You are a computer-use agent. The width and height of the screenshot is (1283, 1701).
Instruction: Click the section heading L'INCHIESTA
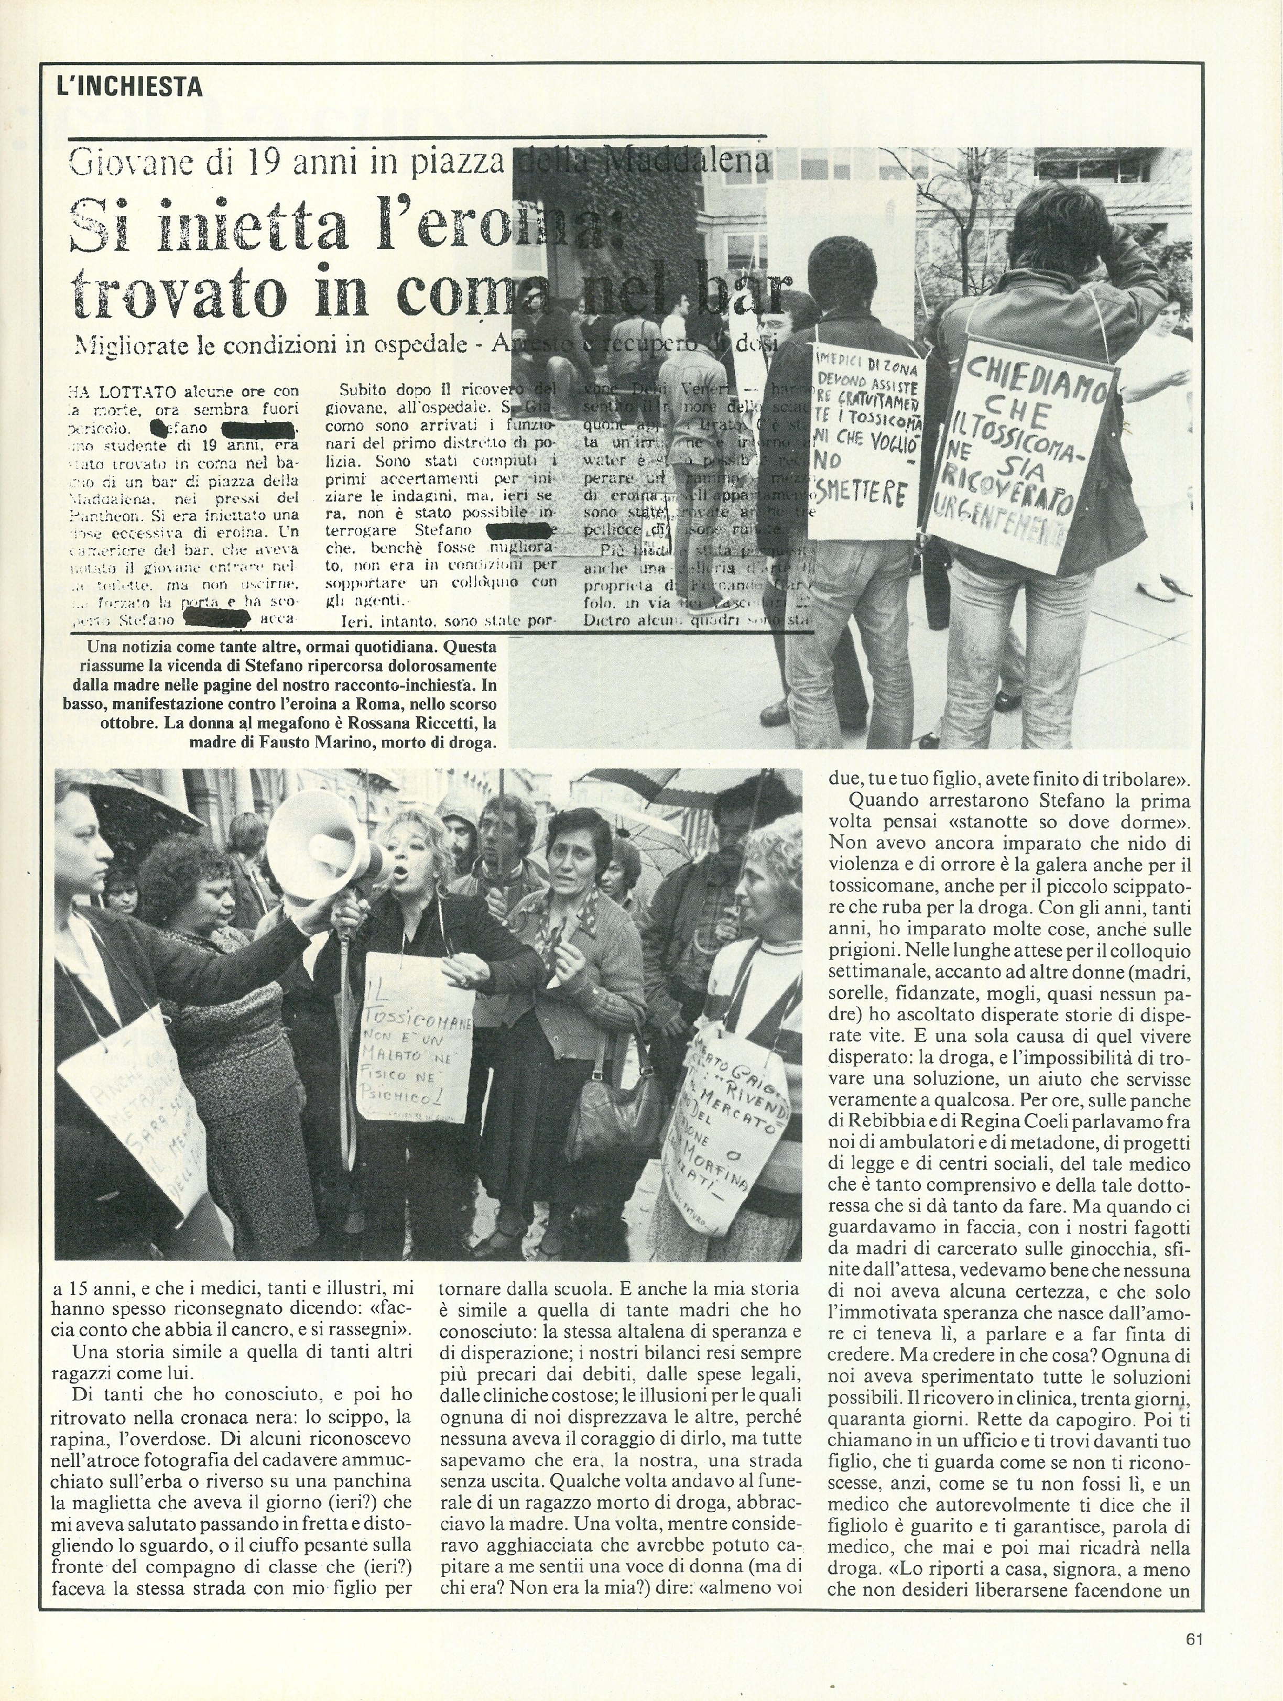tap(129, 86)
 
